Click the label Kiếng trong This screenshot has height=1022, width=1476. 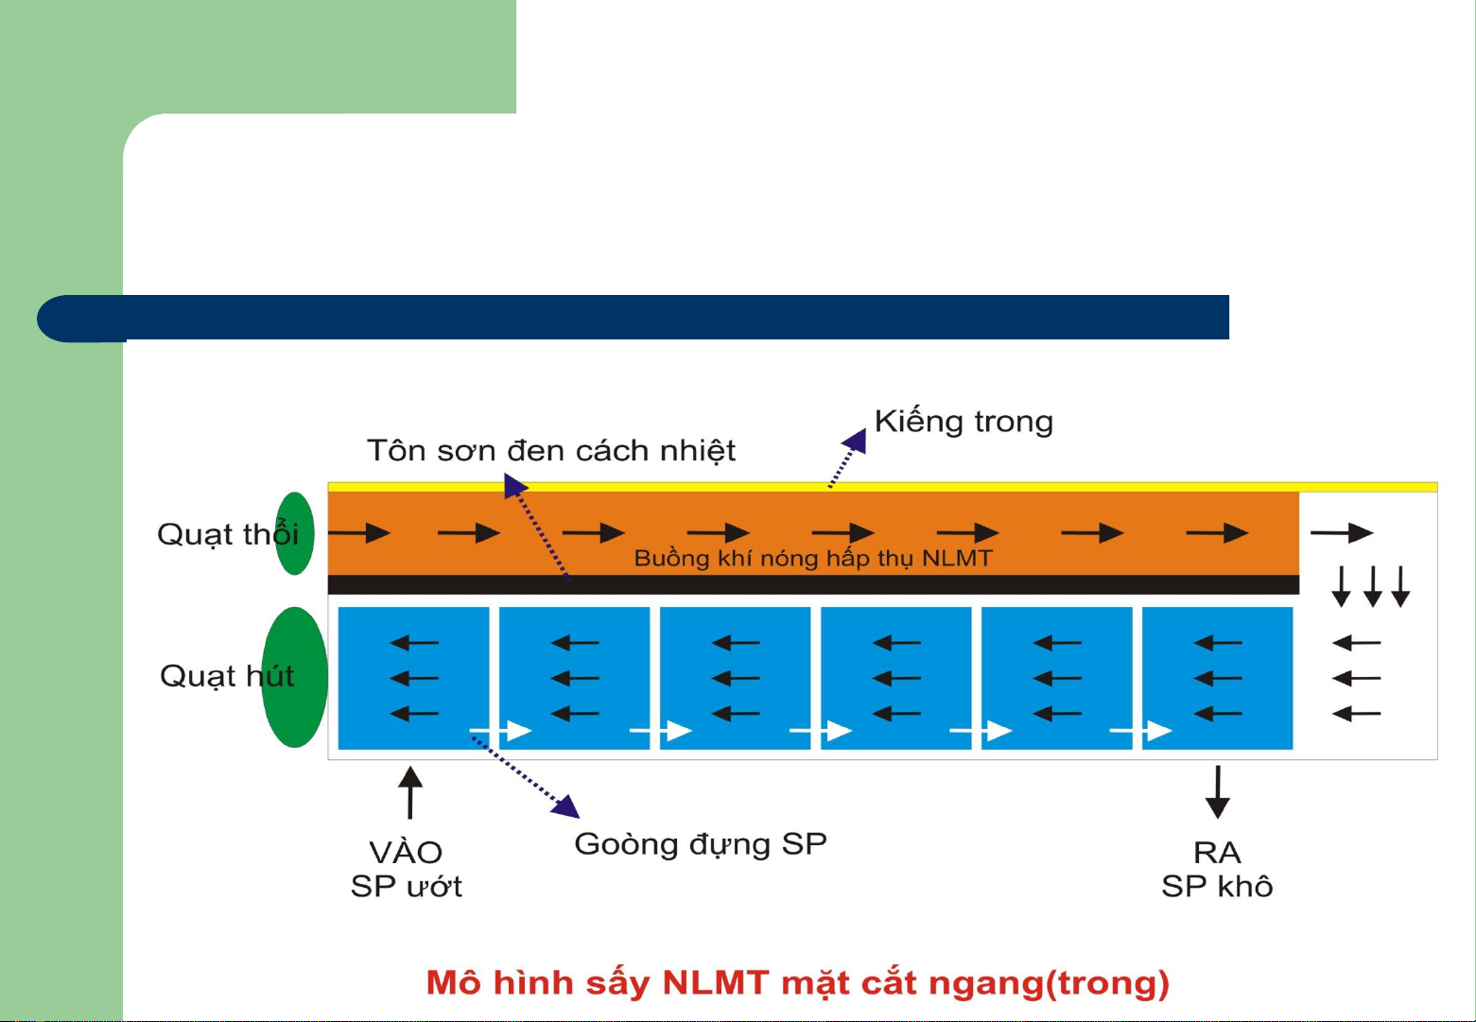(x=964, y=423)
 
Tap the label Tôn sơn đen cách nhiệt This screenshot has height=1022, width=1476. (x=551, y=451)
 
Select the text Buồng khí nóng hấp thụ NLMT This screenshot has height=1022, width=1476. (x=813, y=559)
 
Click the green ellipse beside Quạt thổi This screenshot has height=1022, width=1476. (x=295, y=533)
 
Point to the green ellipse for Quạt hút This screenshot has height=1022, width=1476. (x=295, y=677)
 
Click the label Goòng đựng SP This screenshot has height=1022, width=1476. (x=701, y=845)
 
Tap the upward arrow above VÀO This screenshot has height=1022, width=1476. (x=410, y=792)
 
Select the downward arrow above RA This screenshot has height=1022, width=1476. (x=1218, y=792)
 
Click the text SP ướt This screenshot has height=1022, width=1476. (x=406, y=886)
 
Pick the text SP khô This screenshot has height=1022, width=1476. (x=1216, y=886)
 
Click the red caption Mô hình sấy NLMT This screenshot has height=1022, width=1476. (x=598, y=983)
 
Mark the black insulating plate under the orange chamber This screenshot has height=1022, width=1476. (x=814, y=584)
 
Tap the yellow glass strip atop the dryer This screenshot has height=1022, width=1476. (x=883, y=487)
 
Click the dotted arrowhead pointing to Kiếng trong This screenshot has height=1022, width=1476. (x=856, y=441)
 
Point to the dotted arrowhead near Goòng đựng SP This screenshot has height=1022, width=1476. (x=565, y=806)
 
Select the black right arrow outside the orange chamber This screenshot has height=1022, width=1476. (x=1342, y=532)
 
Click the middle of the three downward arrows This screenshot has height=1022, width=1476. (x=1373, y=586)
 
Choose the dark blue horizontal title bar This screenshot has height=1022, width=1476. (x=634, y=319)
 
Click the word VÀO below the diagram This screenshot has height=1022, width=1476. (x=406, y=852)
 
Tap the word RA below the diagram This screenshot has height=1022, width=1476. (x=1217, y=854)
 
